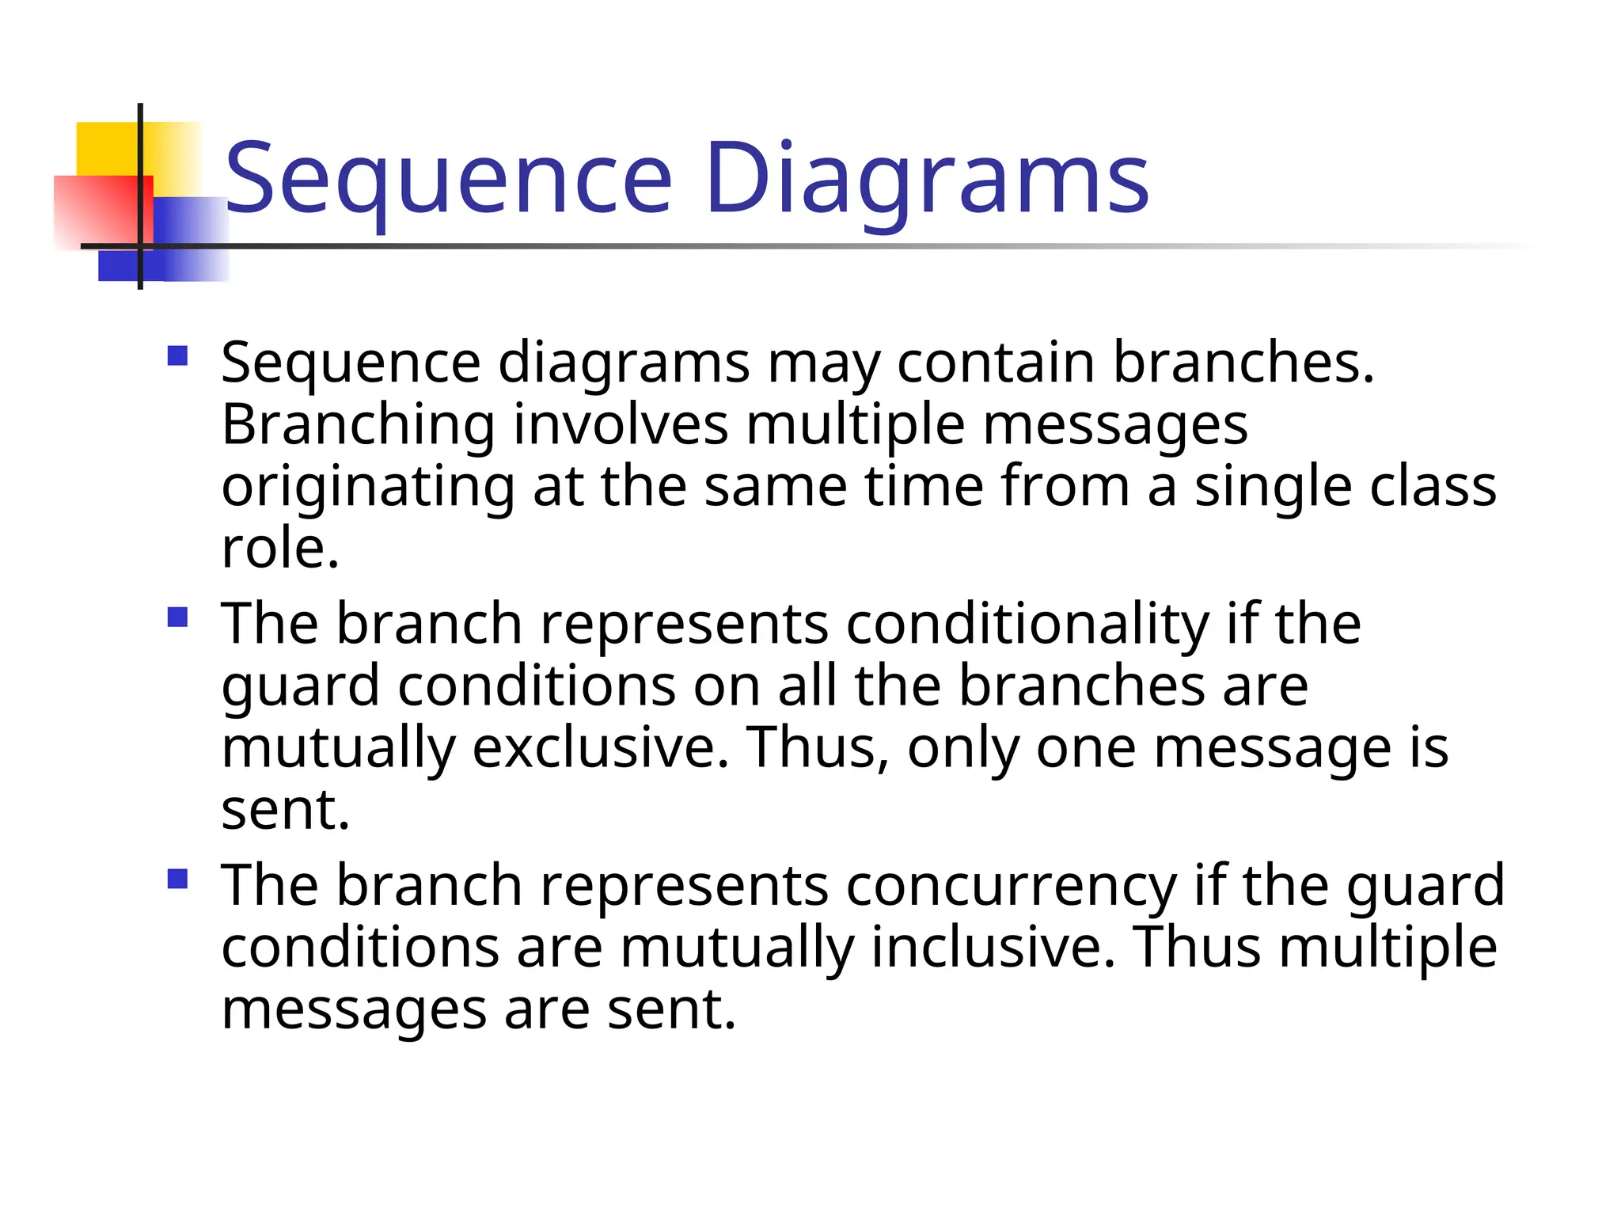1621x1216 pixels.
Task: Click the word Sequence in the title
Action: point(448,179)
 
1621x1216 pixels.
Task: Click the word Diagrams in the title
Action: point(926,179)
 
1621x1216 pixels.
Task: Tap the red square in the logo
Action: point(95,210)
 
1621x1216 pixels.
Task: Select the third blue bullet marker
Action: point(178,878)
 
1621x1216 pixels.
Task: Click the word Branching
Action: point(358,426)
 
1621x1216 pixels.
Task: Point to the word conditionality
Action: point(1027,624)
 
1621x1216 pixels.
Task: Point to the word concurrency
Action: point(1011,885)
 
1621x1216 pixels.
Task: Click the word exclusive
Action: point(599,747)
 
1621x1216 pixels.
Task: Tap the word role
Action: point(279,549)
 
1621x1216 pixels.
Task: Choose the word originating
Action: point(367,488)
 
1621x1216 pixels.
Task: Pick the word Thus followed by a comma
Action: point(818,747)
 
